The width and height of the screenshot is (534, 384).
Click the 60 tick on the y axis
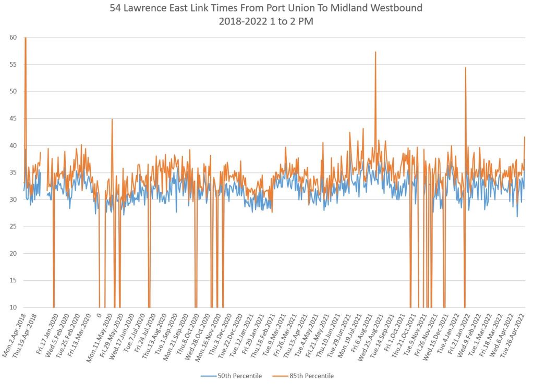point(13,38)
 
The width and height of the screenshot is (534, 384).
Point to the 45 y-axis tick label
point(13,119)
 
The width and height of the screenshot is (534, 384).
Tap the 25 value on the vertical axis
point(13,227)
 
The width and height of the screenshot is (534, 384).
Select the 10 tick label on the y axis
point(13,307)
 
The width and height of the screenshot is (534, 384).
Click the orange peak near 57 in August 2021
point(375,53)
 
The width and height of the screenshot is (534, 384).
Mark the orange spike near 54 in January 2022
point(466,68)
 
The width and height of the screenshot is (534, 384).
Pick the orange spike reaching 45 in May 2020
point(112,120)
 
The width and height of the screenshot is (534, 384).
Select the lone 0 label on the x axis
point(99,316)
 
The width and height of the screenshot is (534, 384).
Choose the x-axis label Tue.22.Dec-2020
point(232,336)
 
